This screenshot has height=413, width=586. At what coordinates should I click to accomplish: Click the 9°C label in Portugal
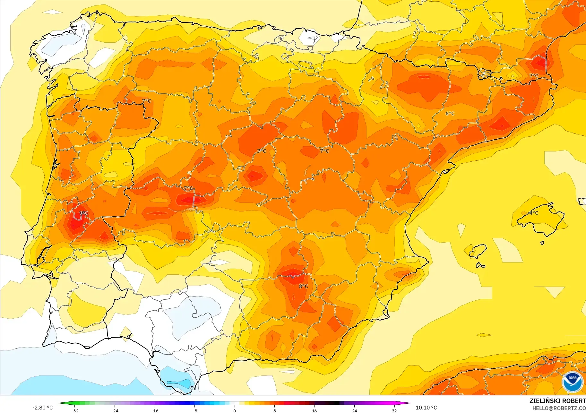pyautogui.click(x=84, y=213)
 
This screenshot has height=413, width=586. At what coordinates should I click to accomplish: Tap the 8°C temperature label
pyautogui.click(x=303, y=286)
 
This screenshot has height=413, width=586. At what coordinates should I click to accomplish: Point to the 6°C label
pyautogui.click(x=450, y=113)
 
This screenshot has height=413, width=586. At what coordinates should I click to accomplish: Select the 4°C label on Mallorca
pyautogui.click(x=534, y=213)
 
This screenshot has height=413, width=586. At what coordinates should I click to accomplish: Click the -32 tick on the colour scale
pyautogui.click(x=75, y=410)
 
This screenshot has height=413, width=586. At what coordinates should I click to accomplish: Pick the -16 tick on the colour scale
pyautogui.click(x=155, y=410)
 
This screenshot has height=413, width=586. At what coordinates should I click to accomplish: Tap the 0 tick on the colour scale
pyautogui.click(x=235, y=410)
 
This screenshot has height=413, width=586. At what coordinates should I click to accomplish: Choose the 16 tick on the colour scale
pyautogui.click(x=314, y=410)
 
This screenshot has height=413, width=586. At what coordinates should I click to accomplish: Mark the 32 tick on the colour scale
pyautogui.click(x=394, y=410)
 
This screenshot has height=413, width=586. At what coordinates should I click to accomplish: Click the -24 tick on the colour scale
pyautogui.click(x=115, y=410)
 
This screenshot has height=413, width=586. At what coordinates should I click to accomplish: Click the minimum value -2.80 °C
pyautogui.click(x=42, y=408)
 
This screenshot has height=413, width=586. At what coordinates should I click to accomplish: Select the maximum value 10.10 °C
pyautogui.click(x=426, y=408)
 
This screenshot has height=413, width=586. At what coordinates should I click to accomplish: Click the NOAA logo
pyautogui.click(x=573, y=382)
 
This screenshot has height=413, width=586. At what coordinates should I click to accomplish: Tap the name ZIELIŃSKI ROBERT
pyautogui.click(x=557, y=401)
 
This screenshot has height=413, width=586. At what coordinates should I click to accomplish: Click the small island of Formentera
pyautogui.click(x=480, y=265)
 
